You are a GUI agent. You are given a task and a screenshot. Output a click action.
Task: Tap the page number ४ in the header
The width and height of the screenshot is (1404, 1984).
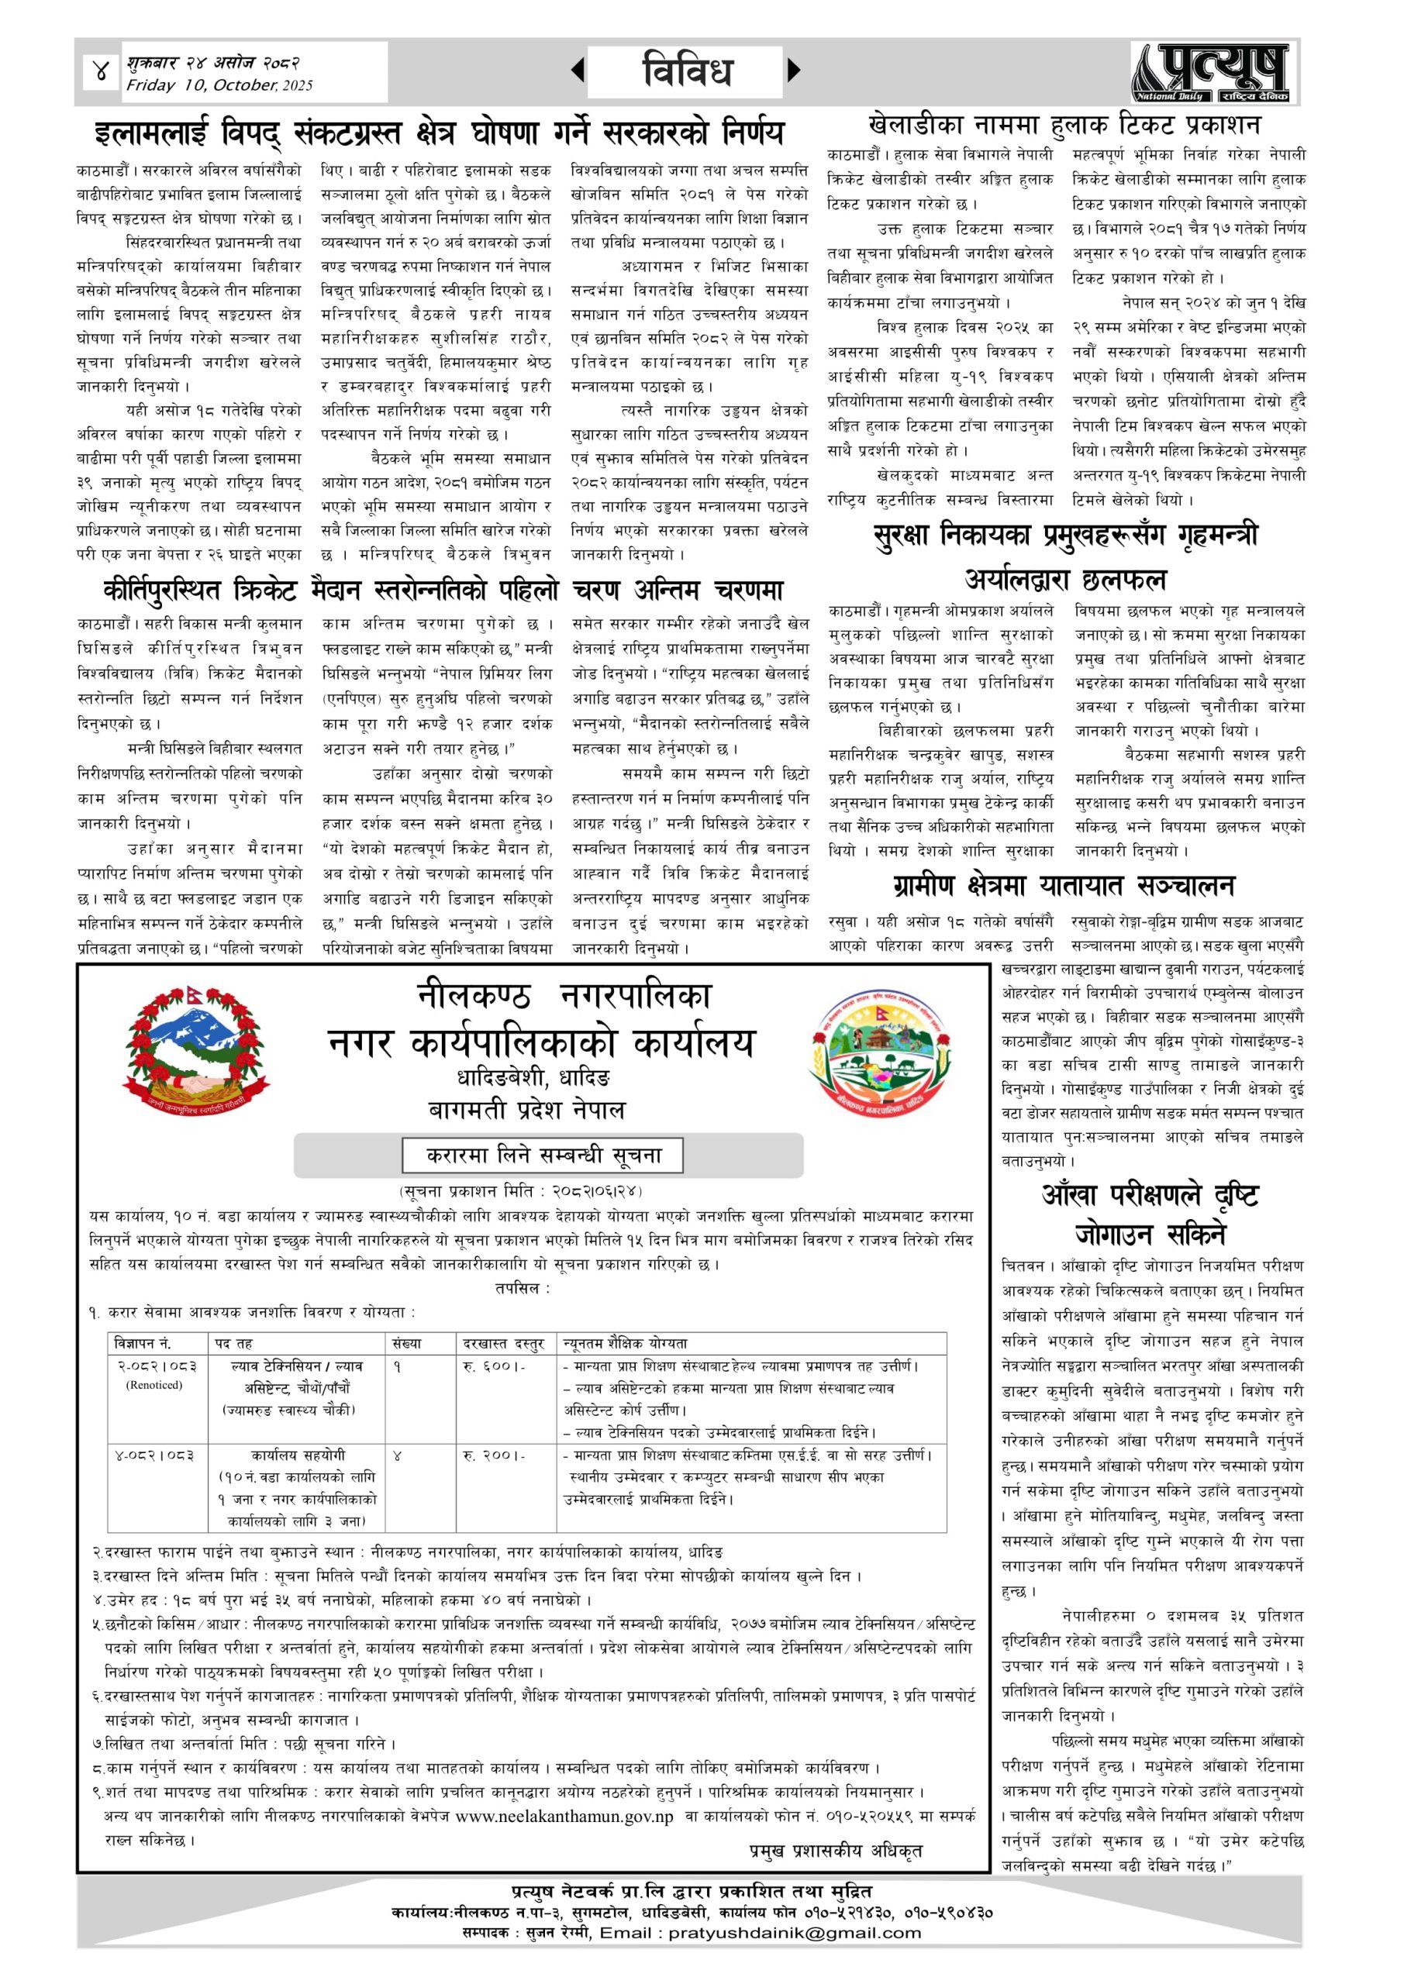(100, 72)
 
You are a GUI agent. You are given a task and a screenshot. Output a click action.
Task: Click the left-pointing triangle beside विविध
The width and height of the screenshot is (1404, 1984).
(578, 70)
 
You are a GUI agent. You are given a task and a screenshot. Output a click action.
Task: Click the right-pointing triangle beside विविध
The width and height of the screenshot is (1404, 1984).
(794, 70)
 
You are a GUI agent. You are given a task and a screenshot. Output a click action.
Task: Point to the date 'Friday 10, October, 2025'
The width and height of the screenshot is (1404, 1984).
(219, 85)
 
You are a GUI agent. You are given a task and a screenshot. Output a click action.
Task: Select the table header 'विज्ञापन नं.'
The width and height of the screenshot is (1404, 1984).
(143, 1343)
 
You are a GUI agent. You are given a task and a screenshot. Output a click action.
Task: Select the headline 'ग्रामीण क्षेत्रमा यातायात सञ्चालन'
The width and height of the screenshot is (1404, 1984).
(1064, 886)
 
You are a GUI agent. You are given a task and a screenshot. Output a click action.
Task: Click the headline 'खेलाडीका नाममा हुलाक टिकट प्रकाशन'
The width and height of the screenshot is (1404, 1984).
(1064, 126)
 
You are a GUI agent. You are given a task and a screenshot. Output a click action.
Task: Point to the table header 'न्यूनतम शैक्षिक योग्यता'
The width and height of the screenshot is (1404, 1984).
(625, 1343)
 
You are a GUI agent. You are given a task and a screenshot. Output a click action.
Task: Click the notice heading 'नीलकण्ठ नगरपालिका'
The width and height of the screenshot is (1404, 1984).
(564, 997)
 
